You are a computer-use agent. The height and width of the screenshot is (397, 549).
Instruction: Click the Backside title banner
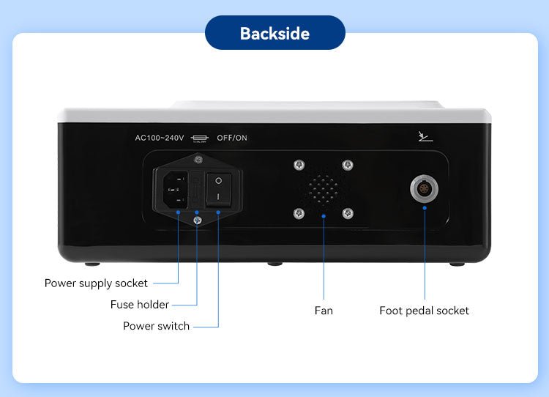point(274,34)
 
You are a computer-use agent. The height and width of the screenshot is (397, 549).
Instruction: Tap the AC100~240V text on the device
point(159,138)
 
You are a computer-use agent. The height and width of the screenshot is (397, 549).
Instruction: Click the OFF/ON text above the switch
point(232,138)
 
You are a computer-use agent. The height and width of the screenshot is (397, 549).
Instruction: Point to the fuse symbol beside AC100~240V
point(199,138)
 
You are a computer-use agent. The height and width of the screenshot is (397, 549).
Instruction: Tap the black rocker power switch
point(218,188)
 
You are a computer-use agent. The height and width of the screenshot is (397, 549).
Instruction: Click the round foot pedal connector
point(425,189)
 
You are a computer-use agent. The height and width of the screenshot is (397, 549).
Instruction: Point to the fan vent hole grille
point(323,189)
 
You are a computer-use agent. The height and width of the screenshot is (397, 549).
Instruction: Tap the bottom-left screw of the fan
point(298,214)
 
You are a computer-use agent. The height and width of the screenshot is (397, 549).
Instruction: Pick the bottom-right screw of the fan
point(348,214)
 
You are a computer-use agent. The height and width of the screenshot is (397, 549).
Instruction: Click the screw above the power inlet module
point(196,160)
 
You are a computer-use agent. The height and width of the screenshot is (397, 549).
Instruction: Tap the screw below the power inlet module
point(196,218)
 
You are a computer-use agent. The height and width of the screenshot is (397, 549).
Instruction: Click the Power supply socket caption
point(96,283)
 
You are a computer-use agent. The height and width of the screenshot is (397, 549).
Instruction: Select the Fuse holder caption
point(140,305)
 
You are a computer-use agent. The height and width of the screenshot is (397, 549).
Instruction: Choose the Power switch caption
point(156,326)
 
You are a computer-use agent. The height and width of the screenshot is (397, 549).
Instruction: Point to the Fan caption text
point(324,311)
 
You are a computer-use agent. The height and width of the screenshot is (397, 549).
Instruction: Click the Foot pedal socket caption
point(424,311)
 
